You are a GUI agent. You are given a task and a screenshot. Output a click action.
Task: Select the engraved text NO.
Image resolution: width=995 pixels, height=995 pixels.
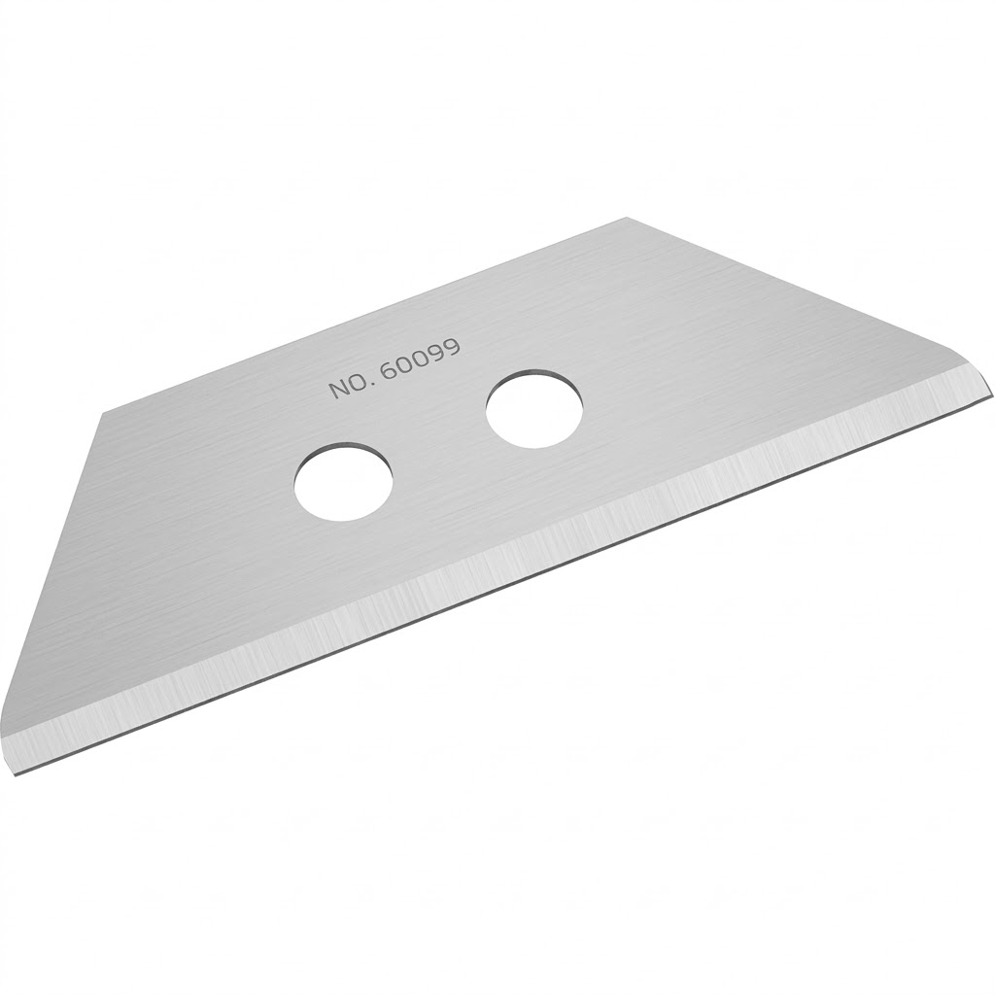click(347, 386)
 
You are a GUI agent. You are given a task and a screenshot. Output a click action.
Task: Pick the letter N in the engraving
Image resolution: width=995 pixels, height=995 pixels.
click(337, 390)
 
